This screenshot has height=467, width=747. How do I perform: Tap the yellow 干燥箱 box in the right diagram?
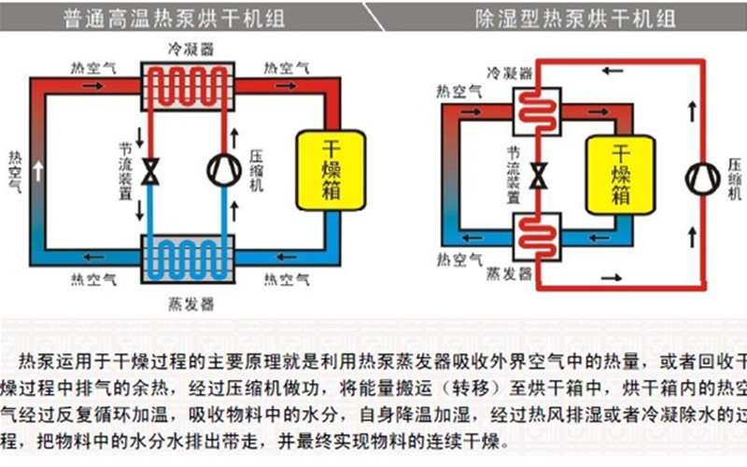coord(620,173)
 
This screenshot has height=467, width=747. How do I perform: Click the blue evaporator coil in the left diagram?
coord(186,254)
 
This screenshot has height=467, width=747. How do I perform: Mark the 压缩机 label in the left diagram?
coord(257,170)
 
